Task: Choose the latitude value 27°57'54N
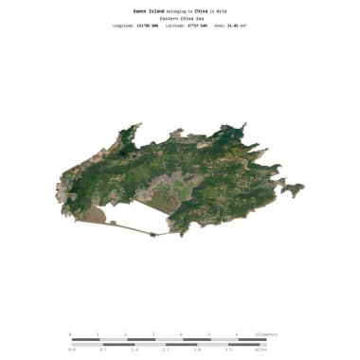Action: (x=193, y=27)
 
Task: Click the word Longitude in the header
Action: (x=123, y=27)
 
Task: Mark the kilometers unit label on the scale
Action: (x=266, y=334)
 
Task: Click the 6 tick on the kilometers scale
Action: (x=236, y=334)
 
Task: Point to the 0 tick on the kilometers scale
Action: (x=70, y=334)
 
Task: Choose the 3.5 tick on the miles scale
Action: (x=228, y=350)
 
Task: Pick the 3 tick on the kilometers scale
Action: (x=153, y=334)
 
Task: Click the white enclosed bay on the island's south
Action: (x=142, y=221)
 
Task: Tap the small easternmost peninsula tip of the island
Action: (x=302, y=188)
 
